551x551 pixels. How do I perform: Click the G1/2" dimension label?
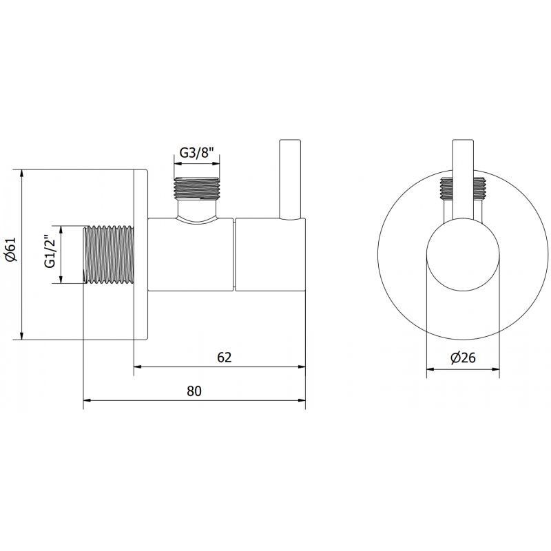[x=50, y=254]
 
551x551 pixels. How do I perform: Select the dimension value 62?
[x=224, y=357]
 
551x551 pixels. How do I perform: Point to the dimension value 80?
[x=194, y=391]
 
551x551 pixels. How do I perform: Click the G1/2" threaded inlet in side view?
[x=108, y=254]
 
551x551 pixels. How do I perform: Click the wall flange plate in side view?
[x=141, y=254]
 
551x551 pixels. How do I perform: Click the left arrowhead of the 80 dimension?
[x=87, y=400]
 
